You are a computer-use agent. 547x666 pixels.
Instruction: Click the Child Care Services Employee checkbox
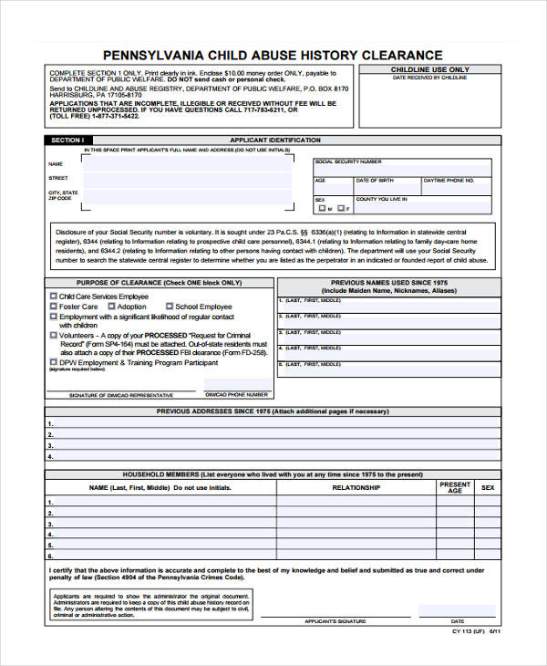52,297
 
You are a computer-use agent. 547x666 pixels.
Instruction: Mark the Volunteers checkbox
52,336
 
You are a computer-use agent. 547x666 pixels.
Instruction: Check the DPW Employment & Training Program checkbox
52,362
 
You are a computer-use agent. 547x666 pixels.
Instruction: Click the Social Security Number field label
347,161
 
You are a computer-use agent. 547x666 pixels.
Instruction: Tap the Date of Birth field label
375,181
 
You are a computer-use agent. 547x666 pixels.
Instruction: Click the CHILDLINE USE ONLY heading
430,69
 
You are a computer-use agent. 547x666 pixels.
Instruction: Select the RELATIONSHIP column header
356,488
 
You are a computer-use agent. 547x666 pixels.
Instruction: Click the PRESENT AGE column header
455,488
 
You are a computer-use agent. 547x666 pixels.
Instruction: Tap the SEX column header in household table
488,488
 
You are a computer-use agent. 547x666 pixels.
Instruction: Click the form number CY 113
463,630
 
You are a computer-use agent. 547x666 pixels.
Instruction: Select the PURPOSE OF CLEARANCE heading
160,283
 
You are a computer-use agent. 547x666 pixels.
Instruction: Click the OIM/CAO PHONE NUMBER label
237,395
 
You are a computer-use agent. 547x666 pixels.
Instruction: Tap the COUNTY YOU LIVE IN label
380,199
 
